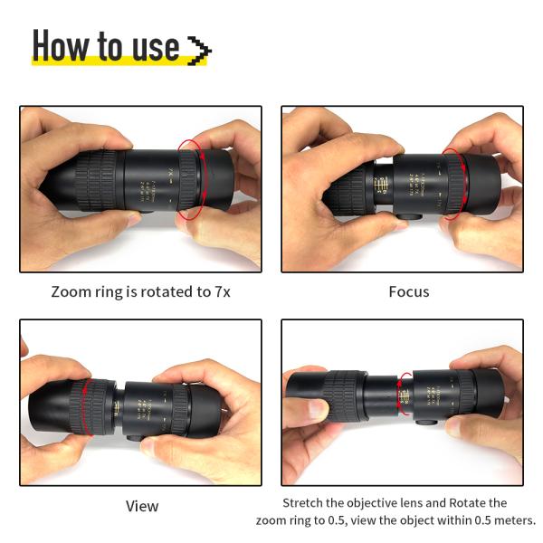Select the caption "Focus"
408,291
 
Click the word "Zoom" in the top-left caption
71,291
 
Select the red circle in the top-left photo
191,179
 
